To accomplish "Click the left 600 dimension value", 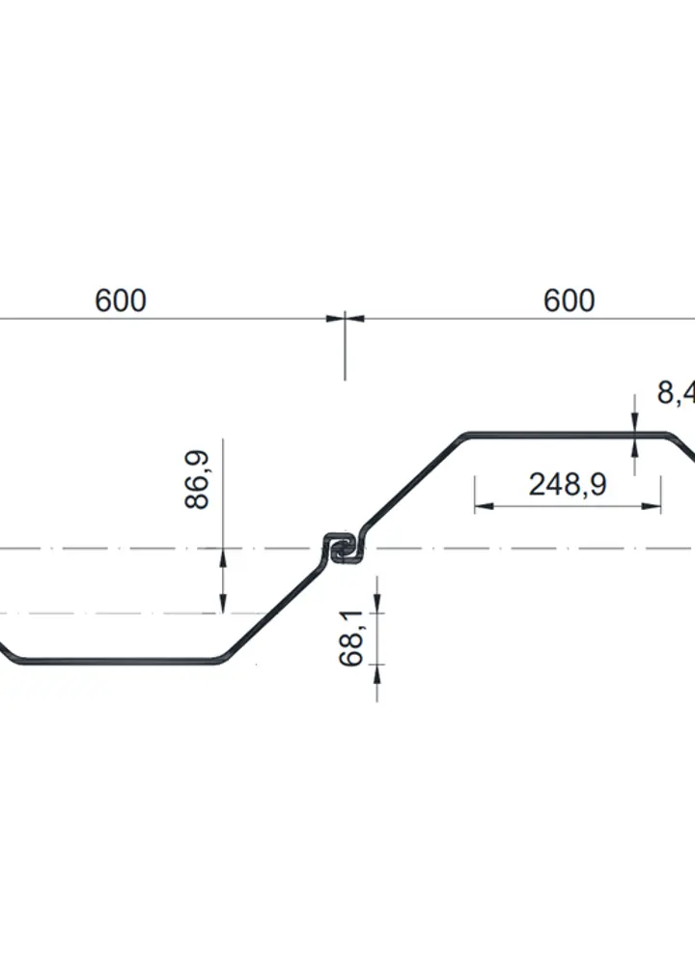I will tap(121, 300).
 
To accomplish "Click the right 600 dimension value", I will tap(569, 300).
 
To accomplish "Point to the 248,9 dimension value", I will tap(567, 484).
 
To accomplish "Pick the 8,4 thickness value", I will tap(675, 392).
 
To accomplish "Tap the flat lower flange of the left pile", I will tap(116, 662).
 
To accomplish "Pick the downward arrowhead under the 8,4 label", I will tap(634, 425).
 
